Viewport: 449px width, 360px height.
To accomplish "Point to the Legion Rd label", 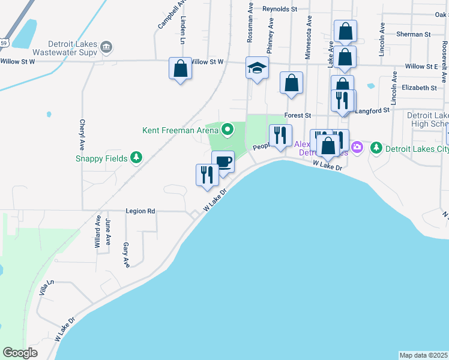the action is (140, 211).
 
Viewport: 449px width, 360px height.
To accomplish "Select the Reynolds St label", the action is (280, 9).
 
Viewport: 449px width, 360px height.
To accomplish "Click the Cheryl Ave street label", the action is (81, 134).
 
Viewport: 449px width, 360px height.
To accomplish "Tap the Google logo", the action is (20, 353).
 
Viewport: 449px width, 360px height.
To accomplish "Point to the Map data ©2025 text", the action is (424, 355).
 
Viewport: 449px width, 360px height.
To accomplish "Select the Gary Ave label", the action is (126, 255).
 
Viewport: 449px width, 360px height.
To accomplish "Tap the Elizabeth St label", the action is (420, 88).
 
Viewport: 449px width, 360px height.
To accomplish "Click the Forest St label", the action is (298, 115).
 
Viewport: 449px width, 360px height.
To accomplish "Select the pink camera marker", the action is (358, 147).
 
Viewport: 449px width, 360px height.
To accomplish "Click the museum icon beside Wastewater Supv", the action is (106, 47).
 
